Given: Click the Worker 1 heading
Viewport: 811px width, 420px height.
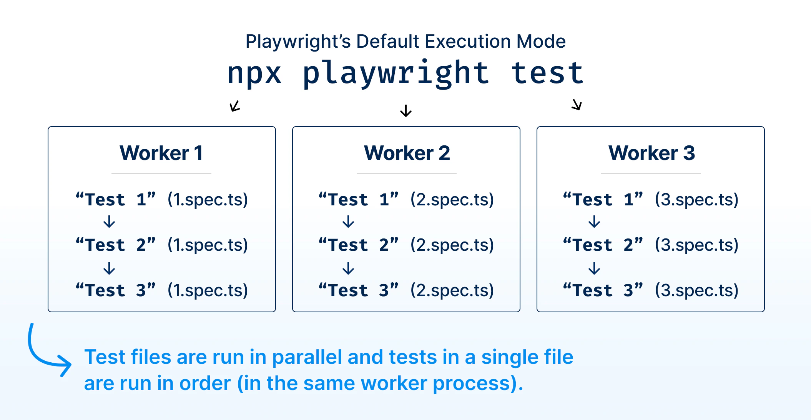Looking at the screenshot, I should pyautogui.click(x=161, y=153).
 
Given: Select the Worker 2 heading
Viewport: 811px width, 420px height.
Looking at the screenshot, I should pyautogui.click(x=407, y=153).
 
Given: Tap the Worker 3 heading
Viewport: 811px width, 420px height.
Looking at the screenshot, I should pyautogui.click(x=651, y=153).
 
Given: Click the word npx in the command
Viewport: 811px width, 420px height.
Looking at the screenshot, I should pyautogui.click(x=254, y=73).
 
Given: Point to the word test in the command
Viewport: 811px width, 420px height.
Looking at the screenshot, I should pyautogui.click(x=547, y=73).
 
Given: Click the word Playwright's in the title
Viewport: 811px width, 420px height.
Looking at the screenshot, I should pyautogui.click(x=298, y=42).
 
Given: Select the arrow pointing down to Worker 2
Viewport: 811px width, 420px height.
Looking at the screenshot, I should pyautogui.click(x=406, y=110).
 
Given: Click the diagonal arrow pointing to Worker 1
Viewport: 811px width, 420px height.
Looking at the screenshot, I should pyautogui.click(x=235, y=106).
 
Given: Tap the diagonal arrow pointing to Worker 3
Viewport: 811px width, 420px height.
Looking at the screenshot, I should pyautogui.click(x=577, y=104).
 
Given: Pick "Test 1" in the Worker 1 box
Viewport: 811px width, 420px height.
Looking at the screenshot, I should pyautogui.click(x=115, y=200).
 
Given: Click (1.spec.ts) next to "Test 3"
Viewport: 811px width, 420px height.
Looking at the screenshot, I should pyautogui.click(x=208, y=290).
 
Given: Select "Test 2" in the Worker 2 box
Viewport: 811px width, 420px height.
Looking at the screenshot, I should pyautogui.click(x=358, y=245).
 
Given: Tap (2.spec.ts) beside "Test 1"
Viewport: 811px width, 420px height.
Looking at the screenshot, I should pyautogui.click(x=452, y=200).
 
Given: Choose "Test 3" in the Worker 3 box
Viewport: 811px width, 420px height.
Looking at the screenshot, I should pyautogui.click(x=603, y=290).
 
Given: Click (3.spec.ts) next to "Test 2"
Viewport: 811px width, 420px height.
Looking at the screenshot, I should pyautogui.click(x=696, y=245).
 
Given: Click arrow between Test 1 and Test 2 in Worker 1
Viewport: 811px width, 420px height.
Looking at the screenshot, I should pyautogui.click(x=110, y=222).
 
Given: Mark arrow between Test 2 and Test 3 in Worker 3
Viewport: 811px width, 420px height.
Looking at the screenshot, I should pyautogui.click(x=594, y=268).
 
